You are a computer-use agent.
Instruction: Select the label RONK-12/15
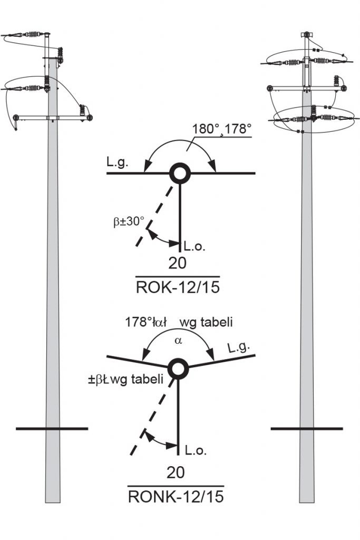tap(176, 496)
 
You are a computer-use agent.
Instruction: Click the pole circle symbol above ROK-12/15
tap(180, 173)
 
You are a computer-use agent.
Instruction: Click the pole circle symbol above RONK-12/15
tap(179, 369)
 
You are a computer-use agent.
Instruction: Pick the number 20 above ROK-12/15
tap(177, 263)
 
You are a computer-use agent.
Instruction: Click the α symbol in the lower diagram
tap(178, 341)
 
